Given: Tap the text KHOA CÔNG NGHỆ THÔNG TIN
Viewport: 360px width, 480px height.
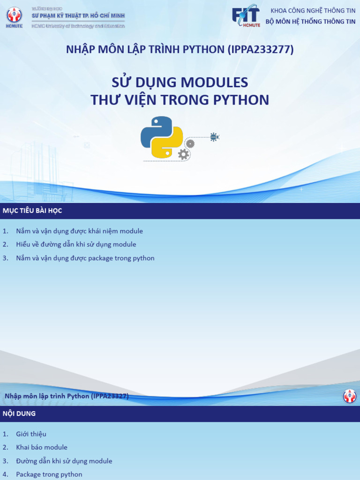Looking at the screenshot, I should coord(313,10).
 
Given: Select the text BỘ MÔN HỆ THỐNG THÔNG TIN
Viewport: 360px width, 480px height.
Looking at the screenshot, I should coord(310,22).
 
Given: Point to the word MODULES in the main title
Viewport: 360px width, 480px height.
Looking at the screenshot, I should coord(214,82).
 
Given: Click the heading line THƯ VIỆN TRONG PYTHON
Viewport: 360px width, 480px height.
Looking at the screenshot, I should coord(180,100).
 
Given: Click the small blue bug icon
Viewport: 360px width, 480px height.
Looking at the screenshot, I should coord(214,137).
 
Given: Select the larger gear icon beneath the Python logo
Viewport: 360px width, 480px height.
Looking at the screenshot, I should coord(183,154).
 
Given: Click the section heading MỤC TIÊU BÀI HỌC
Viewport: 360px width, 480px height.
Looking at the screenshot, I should coord(32,211).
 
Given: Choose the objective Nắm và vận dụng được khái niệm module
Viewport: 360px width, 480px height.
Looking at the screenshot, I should coord(79,231).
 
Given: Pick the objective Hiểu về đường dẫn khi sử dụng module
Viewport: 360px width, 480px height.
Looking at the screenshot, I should coord(76,244).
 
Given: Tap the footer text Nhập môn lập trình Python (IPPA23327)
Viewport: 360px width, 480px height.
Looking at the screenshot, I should coord(67,396).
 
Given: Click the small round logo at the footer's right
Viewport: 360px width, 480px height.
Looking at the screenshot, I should coord(350,396).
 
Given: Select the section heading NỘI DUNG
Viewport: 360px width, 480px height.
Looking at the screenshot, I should coord(19,413).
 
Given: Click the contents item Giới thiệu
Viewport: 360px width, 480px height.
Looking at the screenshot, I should coord(31,434).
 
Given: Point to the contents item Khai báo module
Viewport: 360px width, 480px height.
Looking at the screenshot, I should coord(42,447).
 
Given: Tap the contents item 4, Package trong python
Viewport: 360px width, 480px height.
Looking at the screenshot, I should coord(49,474).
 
